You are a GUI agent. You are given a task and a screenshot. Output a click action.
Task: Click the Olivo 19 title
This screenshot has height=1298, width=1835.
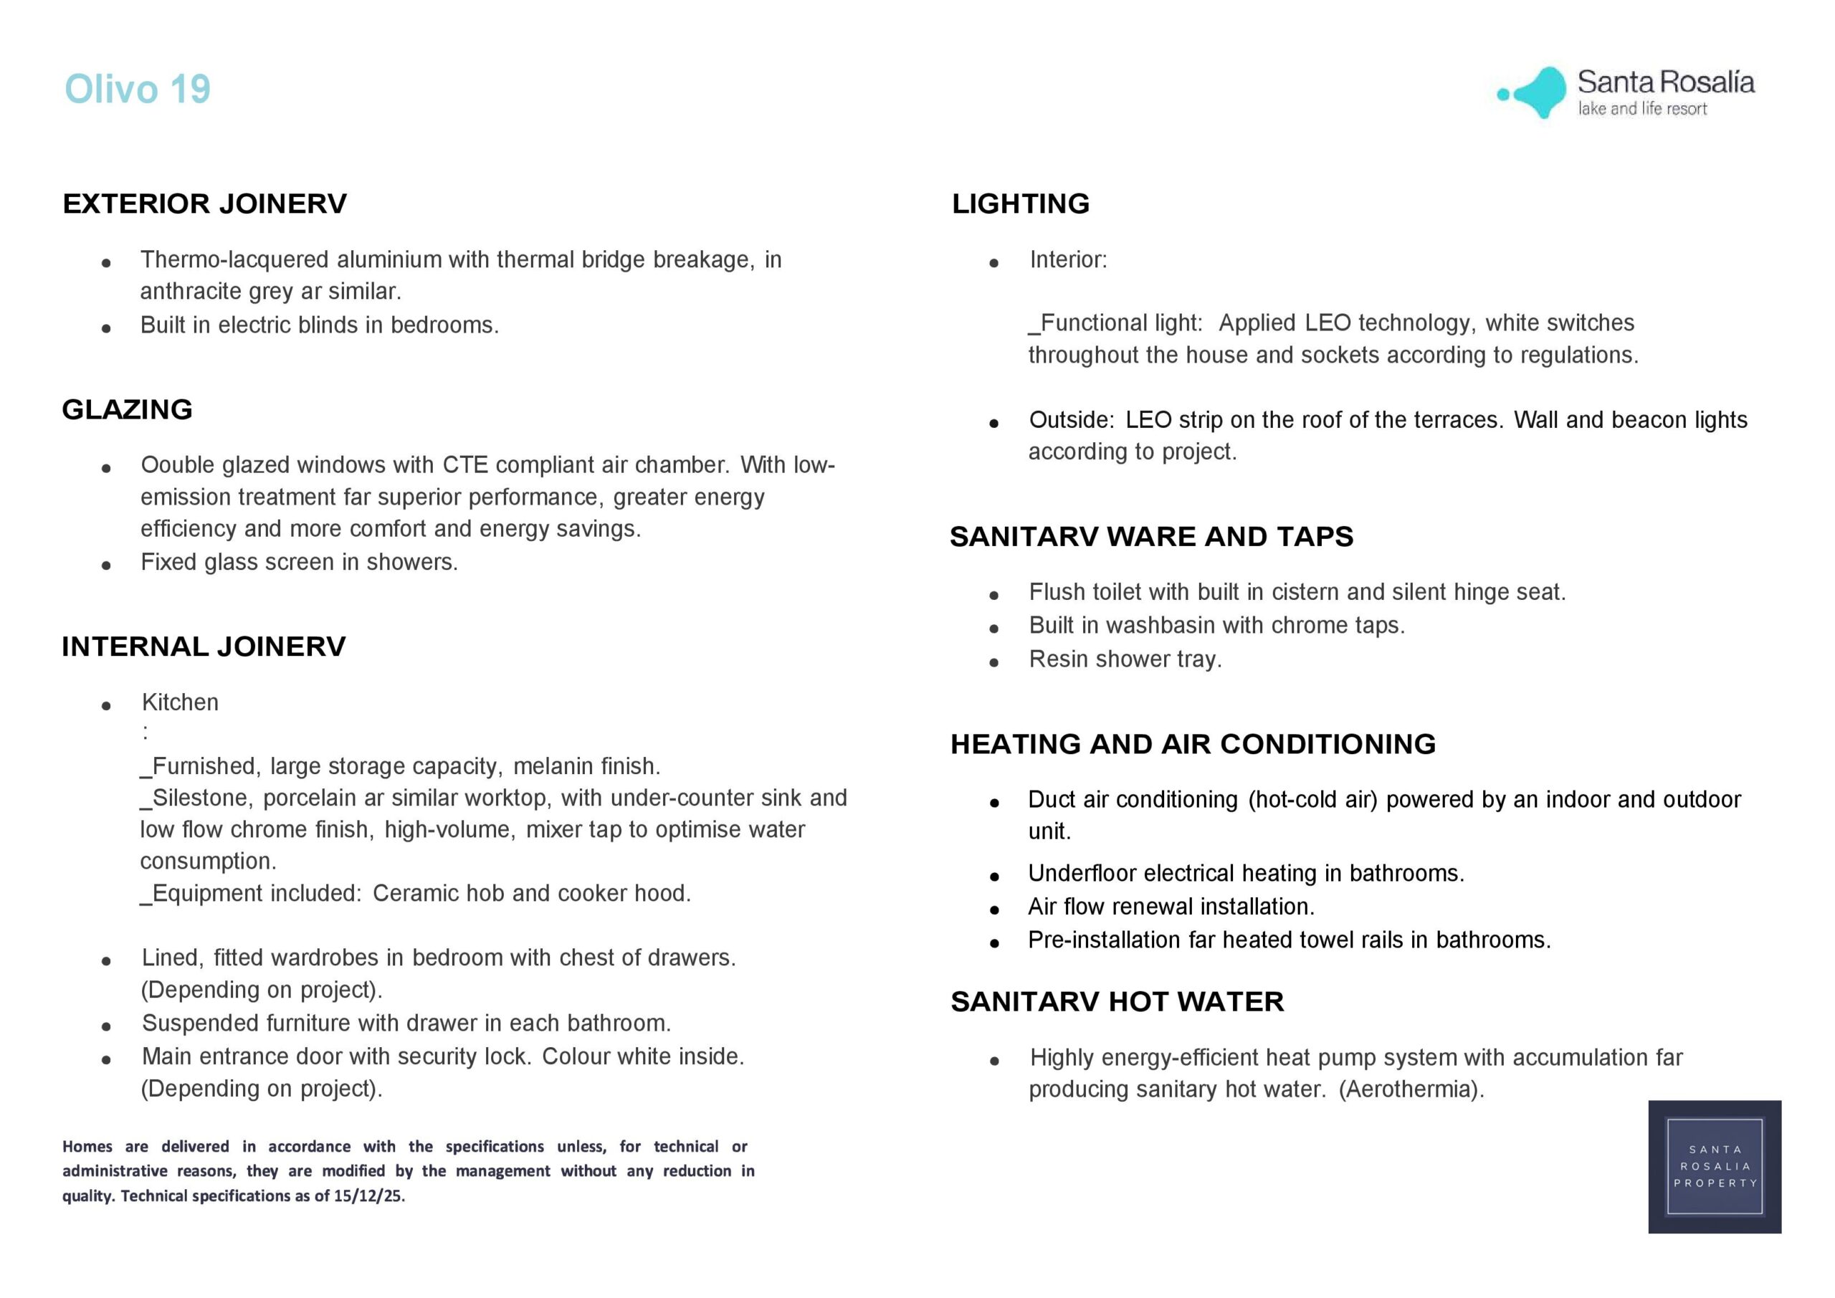click(x=138, y=89)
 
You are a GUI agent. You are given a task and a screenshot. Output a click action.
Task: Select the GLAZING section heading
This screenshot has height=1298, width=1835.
click(x=127, y=409)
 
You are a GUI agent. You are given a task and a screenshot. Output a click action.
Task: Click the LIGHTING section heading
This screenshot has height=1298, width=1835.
click(x=1021, y=204)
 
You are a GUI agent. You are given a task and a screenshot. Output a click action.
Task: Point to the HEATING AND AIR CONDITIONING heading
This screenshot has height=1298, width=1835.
click(x=1193, y=744)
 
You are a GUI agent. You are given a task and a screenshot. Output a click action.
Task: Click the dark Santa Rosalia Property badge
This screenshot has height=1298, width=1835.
click(x=1715, y=1166)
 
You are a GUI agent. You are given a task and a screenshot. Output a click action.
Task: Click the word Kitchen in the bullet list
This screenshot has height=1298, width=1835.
click(x=180, y=702)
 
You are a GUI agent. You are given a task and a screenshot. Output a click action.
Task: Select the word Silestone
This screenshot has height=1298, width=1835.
click(x=199, y=798)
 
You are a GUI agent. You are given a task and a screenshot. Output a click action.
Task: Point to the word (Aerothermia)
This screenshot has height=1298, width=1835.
click(x=1411, y=1089)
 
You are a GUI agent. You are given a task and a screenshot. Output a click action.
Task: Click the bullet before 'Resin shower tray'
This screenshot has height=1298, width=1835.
click(x=994, y=662)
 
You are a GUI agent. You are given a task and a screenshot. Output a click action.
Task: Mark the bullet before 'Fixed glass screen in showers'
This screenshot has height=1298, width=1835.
click(x=106, y=565)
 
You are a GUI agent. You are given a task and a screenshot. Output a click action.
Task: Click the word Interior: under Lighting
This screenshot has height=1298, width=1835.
click(x=1068, y=259)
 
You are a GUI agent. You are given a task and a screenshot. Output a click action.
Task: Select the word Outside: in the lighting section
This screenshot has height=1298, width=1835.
click(x=1071, y=421)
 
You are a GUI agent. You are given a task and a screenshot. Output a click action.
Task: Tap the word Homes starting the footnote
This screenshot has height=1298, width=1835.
click(x=87, y=1147)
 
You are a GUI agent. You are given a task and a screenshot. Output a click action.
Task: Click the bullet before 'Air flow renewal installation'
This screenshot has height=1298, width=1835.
click(x=994, y=910)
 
